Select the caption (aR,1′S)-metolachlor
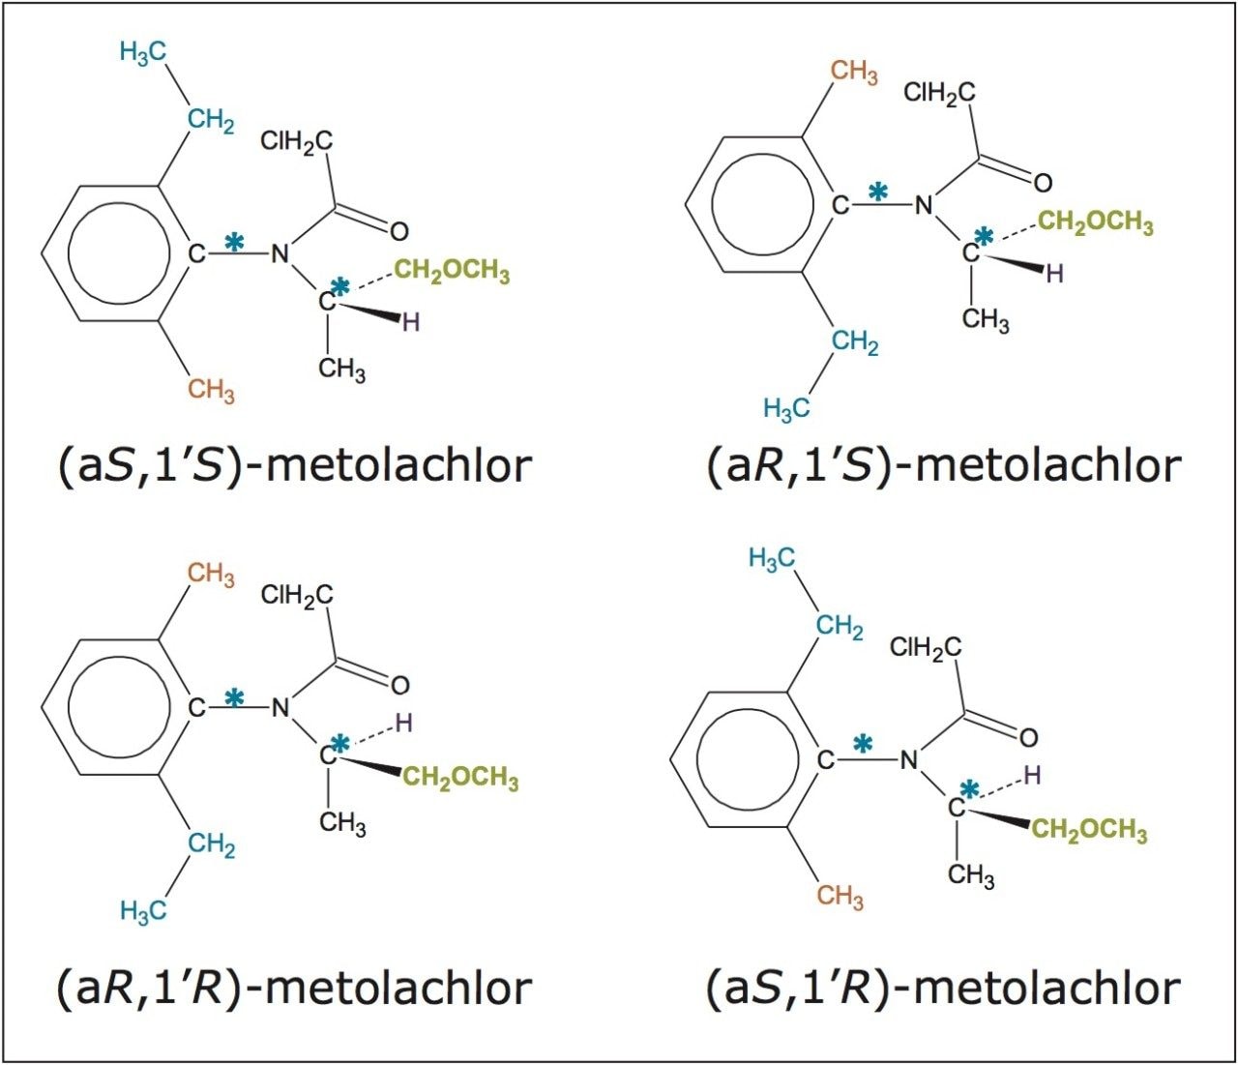943,465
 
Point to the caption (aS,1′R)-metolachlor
943,988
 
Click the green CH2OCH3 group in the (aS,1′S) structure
452,271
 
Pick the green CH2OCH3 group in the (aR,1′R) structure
460,778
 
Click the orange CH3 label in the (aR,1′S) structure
854,73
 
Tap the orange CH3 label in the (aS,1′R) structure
840,896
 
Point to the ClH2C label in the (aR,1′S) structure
939,93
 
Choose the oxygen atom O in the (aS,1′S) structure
398,231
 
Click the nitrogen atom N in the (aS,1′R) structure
909,760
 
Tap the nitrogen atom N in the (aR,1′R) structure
280,708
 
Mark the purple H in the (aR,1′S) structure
1055,274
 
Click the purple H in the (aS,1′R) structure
1033,775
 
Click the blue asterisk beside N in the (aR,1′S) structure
878,192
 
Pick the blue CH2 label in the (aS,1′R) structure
839,628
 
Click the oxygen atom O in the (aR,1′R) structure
399,685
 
